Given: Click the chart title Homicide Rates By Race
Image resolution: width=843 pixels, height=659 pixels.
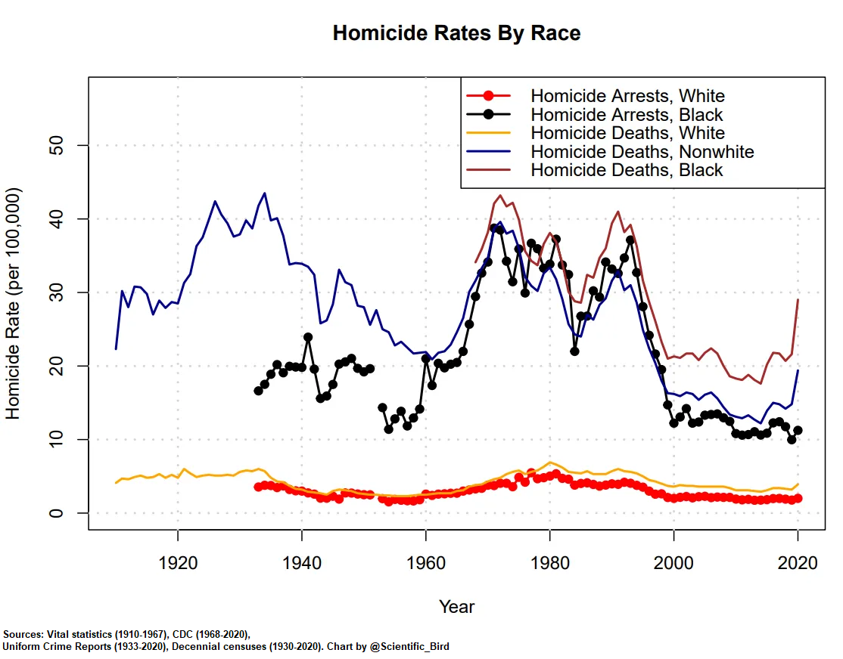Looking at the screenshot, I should click(456, 33).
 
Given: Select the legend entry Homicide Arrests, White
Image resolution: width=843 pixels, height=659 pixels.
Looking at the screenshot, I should click(627, 96).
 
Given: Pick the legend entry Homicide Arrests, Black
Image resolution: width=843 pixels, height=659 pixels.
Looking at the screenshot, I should click(627, 115).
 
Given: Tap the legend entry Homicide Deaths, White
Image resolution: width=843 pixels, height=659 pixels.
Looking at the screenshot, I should click(627, 133).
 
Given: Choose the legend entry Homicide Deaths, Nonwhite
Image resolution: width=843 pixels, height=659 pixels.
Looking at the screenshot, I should click(642, 152).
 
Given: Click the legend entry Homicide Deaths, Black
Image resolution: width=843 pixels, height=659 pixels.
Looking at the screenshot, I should click(627, 170).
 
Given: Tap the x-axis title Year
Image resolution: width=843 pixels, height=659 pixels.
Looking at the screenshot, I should click(456, 607).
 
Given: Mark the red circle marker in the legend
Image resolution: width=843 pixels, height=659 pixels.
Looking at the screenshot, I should click(489, 96).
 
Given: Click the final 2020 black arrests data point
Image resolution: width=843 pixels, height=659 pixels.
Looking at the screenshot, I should click(798, 430).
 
